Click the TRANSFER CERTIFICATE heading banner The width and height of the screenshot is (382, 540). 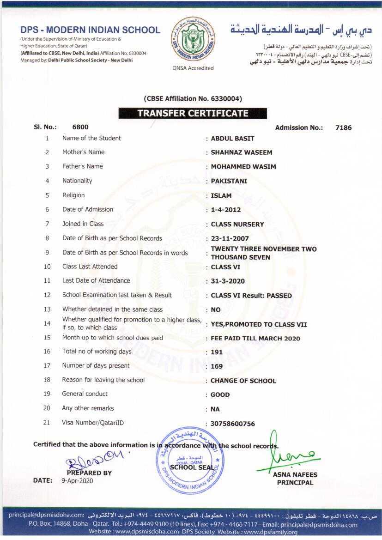193,113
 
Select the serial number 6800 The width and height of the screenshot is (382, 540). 80,127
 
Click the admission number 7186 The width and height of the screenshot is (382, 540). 343,127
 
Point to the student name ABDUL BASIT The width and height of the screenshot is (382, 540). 232,139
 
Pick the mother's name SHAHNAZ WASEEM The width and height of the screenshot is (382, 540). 241,152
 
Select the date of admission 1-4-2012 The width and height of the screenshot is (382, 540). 225,210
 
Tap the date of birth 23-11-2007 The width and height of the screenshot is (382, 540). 230,239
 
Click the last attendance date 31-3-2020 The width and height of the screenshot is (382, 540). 228,281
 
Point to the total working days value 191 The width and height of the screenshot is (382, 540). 217,352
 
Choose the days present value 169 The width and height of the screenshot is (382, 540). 217,366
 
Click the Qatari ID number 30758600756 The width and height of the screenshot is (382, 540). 232,424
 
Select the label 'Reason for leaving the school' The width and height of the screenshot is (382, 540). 103,380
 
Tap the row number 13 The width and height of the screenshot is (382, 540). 47,309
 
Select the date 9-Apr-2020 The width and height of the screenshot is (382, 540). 77,480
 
